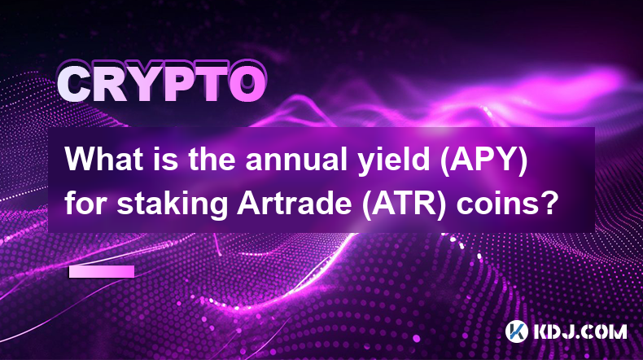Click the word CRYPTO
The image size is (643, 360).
(x=161, y=84)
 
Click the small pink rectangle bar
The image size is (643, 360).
(x=102, y=272)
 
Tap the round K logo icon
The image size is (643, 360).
(x=517, y=331)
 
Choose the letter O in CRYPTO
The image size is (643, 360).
(x=247, y=84)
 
